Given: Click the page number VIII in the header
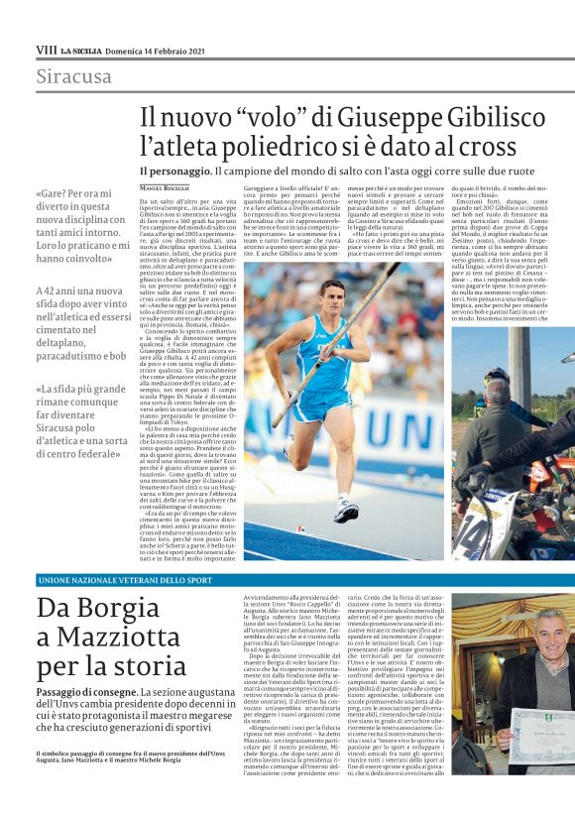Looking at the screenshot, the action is tap(46, 49).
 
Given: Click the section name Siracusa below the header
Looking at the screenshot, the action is tap(74, 76).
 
